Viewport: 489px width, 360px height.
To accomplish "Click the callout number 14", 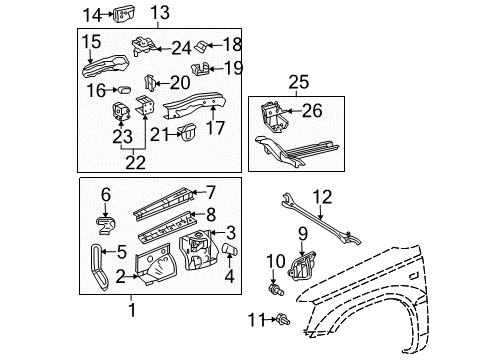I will (x=91, y=14).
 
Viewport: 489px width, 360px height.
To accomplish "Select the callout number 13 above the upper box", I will (x=160, y=14).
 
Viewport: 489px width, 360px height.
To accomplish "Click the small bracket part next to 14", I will (x=125, y=14).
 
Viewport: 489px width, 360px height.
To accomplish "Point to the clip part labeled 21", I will (x=186, y=130).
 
